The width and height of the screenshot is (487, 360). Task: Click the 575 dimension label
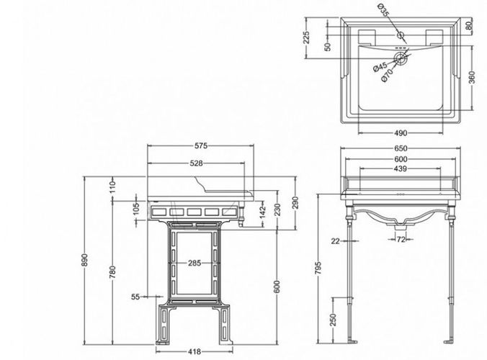tap(201, 145)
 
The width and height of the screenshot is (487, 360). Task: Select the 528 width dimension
tap(196, 163)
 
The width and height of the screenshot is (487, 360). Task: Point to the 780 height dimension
tap(112, 272)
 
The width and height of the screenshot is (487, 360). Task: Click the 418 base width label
tap(195, 351)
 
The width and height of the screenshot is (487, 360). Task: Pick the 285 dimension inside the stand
tap(195, 264)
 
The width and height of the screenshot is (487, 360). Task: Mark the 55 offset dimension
tap(135, 297)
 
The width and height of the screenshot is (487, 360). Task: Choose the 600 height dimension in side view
tap(277, 287)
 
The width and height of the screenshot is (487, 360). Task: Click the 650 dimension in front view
tap(401, 149)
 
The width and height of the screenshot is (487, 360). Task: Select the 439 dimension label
tap(400, 168)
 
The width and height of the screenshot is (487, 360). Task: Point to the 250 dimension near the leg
tap(333, 320)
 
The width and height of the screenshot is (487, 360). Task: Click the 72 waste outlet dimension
tap(401, 239)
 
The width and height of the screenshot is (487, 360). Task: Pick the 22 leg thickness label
tap(336, 240)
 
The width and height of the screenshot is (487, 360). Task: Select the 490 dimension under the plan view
tap(401, 133)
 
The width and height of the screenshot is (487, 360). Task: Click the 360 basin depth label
tap(471, 78)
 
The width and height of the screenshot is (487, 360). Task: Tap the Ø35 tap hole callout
tap(384, 10)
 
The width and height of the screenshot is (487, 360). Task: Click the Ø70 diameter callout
tap(387, 76)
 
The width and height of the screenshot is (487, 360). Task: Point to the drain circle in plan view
tap(401, 58)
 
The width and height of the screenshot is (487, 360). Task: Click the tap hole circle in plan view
tap(401, 35)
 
